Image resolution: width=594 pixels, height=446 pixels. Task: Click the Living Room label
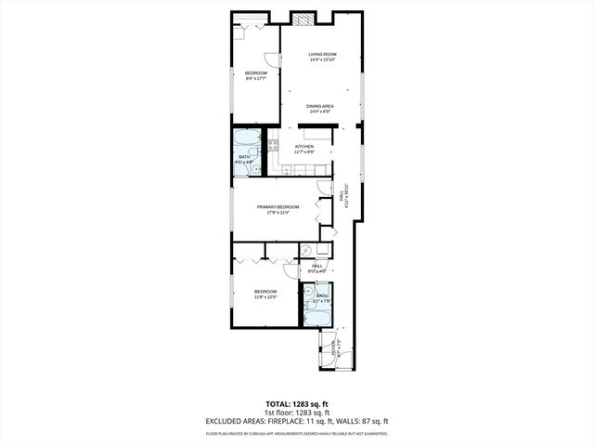click(x=322, y=58)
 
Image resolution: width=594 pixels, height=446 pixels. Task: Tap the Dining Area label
click(x=319, y=109)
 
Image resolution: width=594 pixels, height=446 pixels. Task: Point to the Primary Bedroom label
click(x=278, y=208)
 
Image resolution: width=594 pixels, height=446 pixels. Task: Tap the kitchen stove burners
click(x=273, y=145)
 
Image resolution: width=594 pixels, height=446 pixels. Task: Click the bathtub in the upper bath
click(x=247, y=138)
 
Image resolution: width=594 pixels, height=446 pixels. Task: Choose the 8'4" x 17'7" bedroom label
click(x=255, y=75)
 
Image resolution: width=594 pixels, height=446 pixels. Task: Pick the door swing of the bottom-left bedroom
click(x=291, y=270)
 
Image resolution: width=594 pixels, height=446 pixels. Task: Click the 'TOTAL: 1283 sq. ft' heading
click(x=297, y=404)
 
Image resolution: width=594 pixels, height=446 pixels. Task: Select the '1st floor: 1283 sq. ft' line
click(x=297, y=413)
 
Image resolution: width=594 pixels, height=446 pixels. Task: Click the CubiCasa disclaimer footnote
click(x=297, y=433)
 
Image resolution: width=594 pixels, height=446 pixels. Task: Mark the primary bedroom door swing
click(x=323, y=187)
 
